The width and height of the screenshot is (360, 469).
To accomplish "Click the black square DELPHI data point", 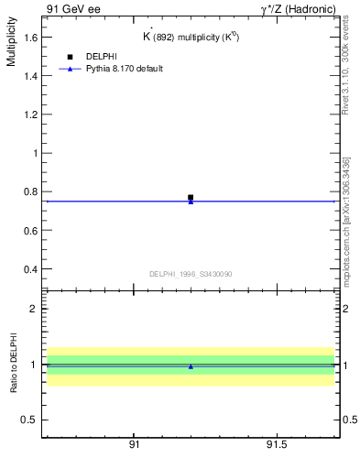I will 191,197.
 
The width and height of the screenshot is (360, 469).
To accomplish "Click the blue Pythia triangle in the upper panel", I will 191,202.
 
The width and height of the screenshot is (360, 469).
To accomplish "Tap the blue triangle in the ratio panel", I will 191,366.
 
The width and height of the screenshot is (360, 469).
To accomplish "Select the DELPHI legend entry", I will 101,57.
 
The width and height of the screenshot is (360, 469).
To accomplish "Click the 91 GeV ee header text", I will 73,8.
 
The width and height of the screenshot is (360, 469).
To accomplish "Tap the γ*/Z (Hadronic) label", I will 298,8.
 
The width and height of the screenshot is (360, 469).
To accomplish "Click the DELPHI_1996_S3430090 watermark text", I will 191,274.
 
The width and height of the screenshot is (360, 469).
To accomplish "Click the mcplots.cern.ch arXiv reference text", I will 345,221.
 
